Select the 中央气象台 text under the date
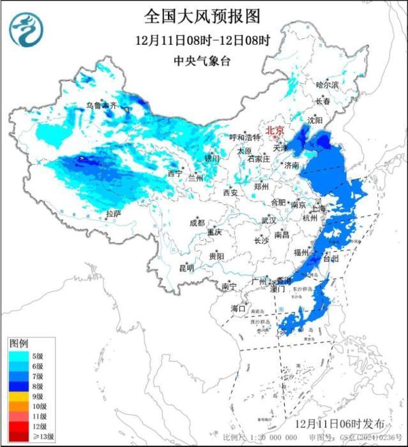click(x=203, y=61)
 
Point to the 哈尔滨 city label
click(x=328, y=84)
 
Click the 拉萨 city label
click(x=114, y=214)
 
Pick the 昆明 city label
click(x=186, y=268)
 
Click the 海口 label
click(x=238, y=308)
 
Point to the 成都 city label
click(x=197, y=223)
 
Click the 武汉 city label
click(x=268, y=220)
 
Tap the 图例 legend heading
click(x=19, y=344)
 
